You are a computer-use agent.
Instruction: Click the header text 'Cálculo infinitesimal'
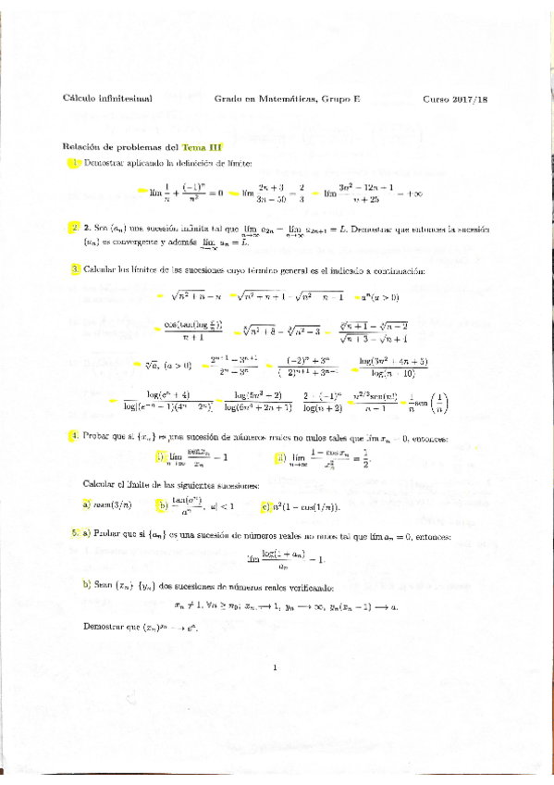(107, 97)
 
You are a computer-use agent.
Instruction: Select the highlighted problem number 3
(75, 270)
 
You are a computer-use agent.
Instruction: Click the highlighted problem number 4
(74, 436)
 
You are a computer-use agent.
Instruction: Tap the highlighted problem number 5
(74, 535)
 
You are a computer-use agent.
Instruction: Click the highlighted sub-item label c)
(264, 505)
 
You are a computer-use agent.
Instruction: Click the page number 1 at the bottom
(276, 667)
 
